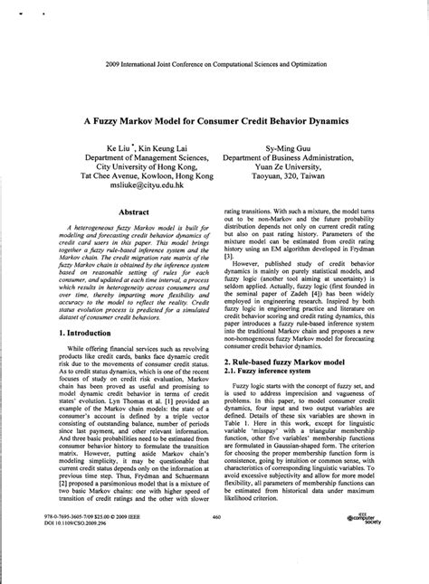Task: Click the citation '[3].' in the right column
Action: tap(228, 231)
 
